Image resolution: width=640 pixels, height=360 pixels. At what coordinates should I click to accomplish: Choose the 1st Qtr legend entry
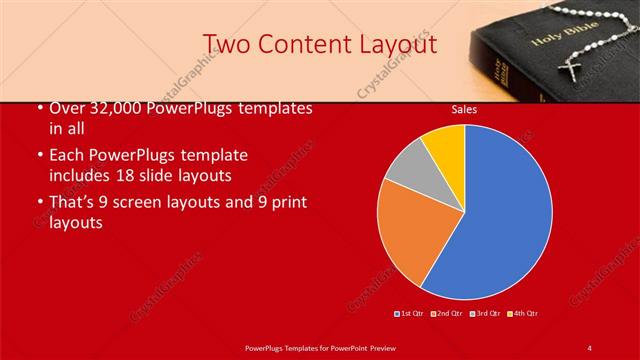pos(410,314)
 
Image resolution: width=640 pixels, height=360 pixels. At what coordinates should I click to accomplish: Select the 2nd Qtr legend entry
pos(447,314)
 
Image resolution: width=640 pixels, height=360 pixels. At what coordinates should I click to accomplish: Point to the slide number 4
pos(590,347)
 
